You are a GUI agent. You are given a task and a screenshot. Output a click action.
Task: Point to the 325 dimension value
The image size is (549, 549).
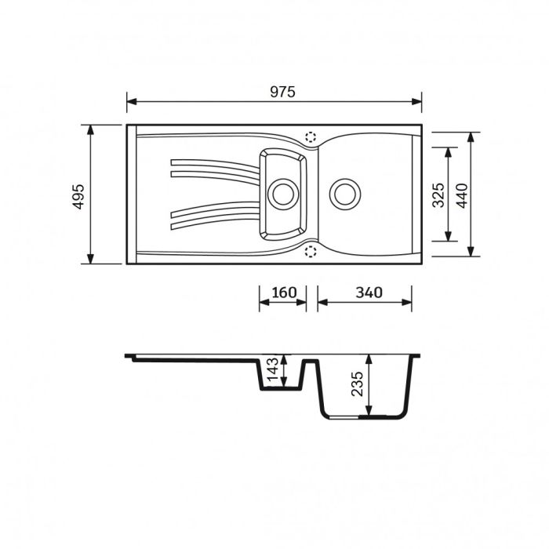pyautogui.click(x=438, y=194)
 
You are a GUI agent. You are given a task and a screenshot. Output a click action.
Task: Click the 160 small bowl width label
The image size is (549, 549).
pyautogui.click(x=283, y=293)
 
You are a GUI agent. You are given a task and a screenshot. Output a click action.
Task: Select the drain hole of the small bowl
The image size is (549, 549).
pyautogui.click(x=282, y=193)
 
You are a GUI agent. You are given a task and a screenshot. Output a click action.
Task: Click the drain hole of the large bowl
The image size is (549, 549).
pyautogui.click(x=344, y=193)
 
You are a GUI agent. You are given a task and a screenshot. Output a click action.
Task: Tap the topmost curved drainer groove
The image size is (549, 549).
pyautogui.click(x=212, y=163)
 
